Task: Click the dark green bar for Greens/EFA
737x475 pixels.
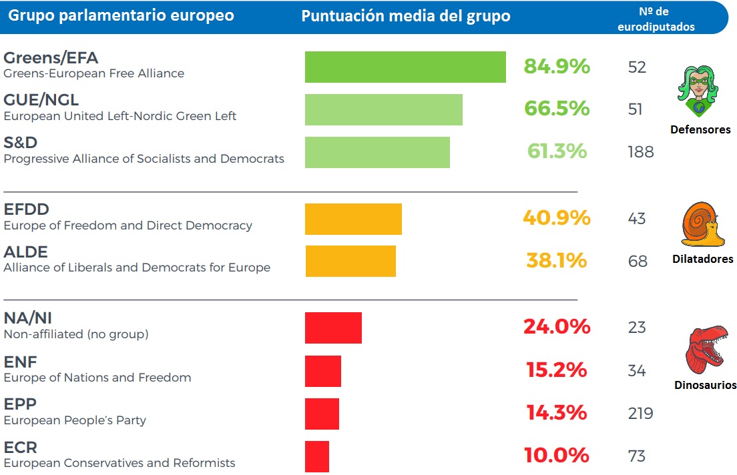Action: tap(405, 67)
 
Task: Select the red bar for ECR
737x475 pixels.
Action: tap(317, 456)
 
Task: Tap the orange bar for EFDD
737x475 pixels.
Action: tap(353, 219)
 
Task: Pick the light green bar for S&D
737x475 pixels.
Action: tap(377, 152)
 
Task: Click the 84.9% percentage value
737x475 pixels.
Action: tap(557, 67)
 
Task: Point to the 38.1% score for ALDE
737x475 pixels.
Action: tap(556, 261)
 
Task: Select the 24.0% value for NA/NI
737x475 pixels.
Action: tap(557, 327)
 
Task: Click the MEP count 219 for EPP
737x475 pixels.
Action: tap(640, 414)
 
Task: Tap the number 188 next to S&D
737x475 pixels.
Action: tap(640, 152)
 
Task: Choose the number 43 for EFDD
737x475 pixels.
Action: tap(637, 218)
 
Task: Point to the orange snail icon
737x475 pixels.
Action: tap(701, 225)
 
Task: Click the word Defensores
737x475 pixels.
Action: tap(700, 129)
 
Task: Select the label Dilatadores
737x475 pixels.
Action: tap(702, 259)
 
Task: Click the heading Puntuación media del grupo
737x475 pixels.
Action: tap(405, 16)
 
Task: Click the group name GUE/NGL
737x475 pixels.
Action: tap(41, 100)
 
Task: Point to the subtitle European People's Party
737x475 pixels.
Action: tap(75, 420)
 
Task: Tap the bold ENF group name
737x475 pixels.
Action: tap(20, 362)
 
